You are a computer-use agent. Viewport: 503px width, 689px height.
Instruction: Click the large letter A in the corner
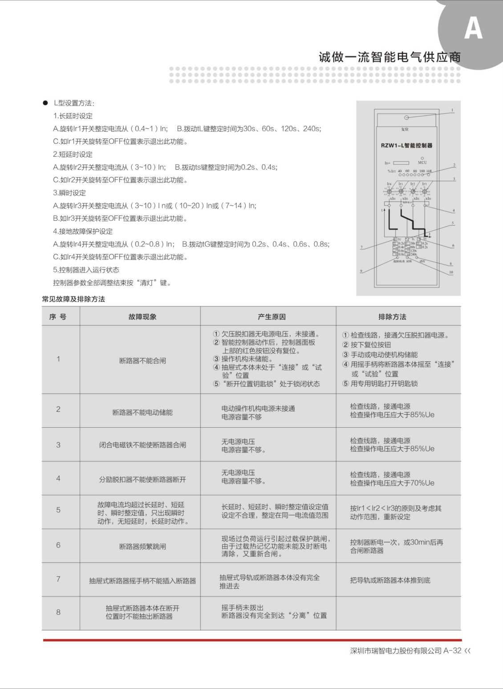pos(473,29)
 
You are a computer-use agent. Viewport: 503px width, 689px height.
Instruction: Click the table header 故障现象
pos(142,317)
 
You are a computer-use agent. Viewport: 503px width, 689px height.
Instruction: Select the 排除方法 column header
pos(392,317)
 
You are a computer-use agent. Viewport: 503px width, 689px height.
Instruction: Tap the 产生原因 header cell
pos(272,317)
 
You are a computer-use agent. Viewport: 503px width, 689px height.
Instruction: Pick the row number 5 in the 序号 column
pos(58,510)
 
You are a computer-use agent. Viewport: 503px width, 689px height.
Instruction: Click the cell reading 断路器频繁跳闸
pos(142,546)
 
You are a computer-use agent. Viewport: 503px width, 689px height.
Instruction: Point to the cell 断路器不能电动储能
pos(142,413)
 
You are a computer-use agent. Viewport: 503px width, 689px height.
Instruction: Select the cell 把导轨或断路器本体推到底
pos(390,580)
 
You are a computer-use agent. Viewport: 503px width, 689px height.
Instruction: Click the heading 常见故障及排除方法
pos(73,299)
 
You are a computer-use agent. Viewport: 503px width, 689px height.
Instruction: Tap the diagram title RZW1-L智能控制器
pos(406,146)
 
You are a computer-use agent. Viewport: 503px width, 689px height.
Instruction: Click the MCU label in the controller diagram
pos(422,162)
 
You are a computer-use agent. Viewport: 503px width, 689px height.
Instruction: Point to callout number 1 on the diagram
pos(452,110)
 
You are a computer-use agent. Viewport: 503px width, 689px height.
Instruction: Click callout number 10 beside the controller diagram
pos(451,272)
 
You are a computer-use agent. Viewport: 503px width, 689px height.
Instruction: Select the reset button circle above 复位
pos(406,118)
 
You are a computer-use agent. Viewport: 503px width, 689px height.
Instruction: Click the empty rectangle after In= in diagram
pos(401,163)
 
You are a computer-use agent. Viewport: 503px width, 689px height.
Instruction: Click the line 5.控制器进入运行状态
pos(86,270)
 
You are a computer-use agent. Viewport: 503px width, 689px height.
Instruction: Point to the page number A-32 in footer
pos(452,651)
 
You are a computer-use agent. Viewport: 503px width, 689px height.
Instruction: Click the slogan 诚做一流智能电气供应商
pos(389,57)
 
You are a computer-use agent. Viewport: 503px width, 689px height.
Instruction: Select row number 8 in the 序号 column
pos(58,612)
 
